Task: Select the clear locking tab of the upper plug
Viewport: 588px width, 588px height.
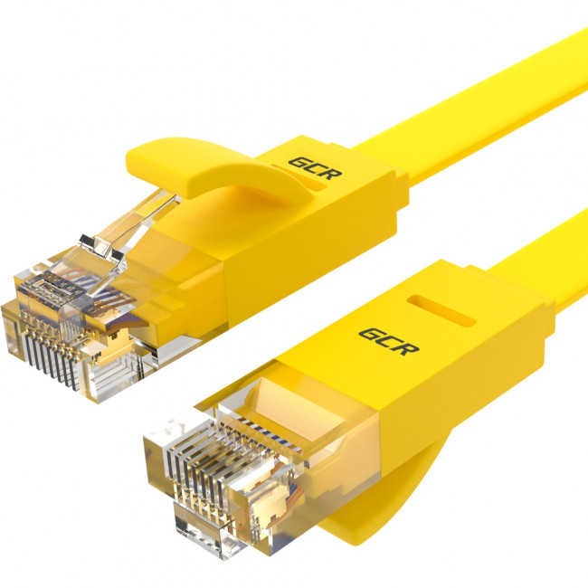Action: click(136, 217)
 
